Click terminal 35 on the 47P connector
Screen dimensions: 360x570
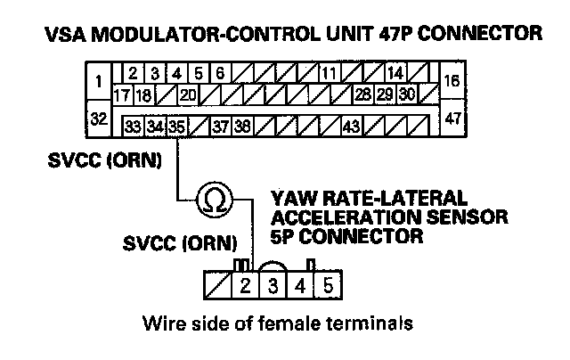(176, 127)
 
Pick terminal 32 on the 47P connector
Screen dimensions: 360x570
(98, 118)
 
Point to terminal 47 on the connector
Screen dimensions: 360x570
(452, 118)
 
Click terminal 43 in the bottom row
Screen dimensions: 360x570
(351, 127)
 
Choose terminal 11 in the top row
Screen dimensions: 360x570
(330, 73)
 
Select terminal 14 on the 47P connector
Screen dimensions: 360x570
(395, 73)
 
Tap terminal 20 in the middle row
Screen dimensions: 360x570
(188, 94)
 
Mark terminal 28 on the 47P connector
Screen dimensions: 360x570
(363, 94)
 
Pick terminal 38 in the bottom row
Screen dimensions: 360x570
(242, 127)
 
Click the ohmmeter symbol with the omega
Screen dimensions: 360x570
(214, 198)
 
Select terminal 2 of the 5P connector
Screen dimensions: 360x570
(244, 287)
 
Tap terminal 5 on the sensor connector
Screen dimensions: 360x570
(328, 287)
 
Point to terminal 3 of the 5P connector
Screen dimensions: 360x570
(273, 287)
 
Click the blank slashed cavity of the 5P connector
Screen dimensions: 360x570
(216, 287)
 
